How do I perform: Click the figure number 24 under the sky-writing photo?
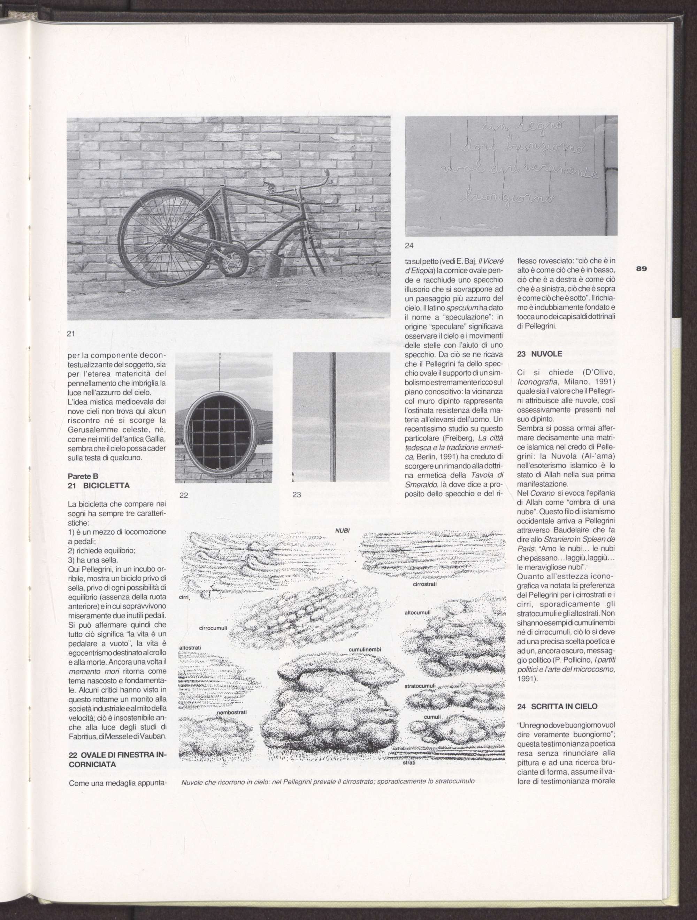[x=409, y=246]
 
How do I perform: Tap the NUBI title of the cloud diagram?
[x=343, y=530]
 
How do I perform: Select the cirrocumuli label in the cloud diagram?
[x=213, y=628]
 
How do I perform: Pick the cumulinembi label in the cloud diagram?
[x=365, y=650]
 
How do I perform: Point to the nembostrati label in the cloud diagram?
[x=232, y=712]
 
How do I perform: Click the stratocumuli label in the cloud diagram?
[x=420, y=686]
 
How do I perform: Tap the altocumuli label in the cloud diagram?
[x=417, y=613]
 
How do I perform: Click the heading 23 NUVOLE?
[x=539, y=354]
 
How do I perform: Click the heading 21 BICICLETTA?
[x=99, y=485]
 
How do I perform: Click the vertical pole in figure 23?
[x=332, y=416]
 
